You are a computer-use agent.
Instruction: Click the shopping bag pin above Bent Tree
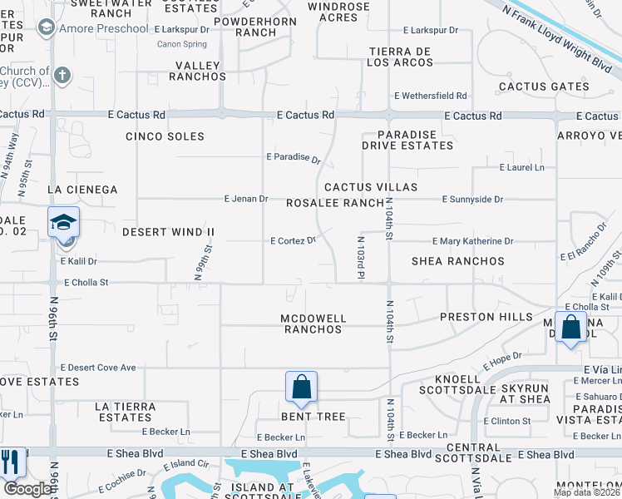tap(301, 387)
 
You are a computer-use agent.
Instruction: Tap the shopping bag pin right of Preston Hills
tap(571, 327)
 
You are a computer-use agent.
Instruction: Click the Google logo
tap(27, 489)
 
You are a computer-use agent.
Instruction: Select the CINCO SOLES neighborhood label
tap(165, 136)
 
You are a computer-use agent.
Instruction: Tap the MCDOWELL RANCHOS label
tap(312, 324)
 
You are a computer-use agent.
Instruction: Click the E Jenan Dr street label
tap(246, 199)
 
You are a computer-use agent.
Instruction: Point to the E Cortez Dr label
tap(294, 241)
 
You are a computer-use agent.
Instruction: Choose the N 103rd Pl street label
tap(362, 260)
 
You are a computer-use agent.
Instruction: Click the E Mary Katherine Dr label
tap(472, 241)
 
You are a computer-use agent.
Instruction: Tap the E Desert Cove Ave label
tap(98, 368)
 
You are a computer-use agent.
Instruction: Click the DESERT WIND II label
tap(169, 231)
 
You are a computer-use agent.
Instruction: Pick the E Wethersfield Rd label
tap(434, 96)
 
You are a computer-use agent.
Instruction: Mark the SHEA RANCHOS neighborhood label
tap(458, 261)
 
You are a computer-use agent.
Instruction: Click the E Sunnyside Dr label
tap(472, 200)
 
